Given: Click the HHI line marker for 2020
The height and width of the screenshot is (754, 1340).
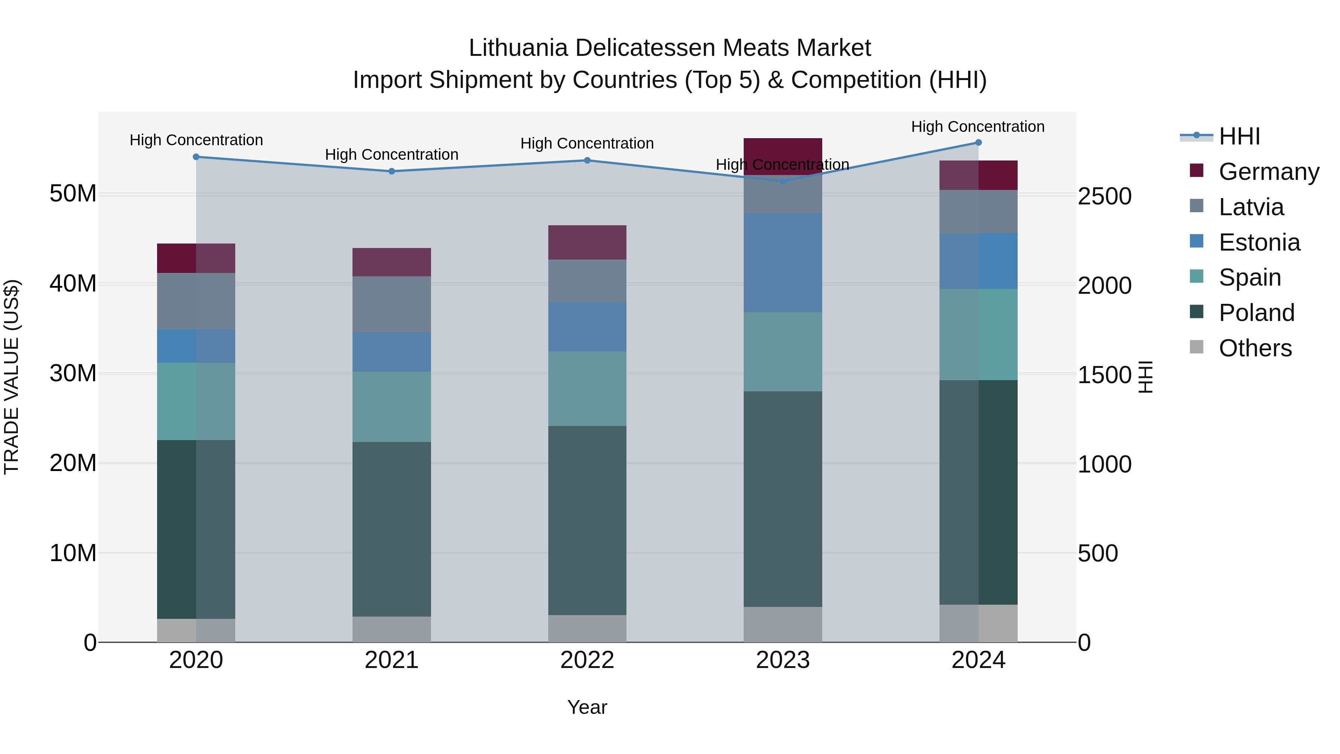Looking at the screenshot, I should point(196,157).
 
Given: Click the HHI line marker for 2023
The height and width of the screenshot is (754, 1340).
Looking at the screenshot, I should point(782,181).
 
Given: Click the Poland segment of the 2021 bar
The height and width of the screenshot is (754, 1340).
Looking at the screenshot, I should point(391,529).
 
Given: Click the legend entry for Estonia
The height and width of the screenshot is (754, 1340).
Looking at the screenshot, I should point(1259,242).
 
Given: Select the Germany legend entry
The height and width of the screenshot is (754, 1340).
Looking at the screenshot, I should point(1268,172).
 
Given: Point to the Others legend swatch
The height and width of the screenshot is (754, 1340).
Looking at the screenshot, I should point(1196,347).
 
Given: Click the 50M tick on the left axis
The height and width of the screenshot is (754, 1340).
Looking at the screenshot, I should point(73,194).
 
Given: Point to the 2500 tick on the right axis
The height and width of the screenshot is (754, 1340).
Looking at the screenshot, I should point(1104,196).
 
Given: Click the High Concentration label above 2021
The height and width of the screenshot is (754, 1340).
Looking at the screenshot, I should point(391,155).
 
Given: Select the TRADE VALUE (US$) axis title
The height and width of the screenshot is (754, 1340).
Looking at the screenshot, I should point(12,377).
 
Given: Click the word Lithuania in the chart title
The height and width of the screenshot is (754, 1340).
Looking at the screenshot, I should point(518,48).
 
